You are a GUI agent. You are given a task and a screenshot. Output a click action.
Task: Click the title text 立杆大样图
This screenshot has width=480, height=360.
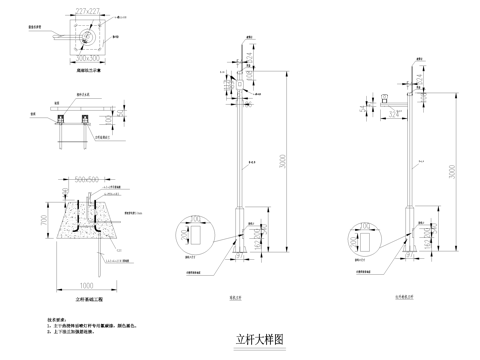[x=260, y=339]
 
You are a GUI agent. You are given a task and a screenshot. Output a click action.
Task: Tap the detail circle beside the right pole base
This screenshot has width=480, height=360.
[x=358, y=238]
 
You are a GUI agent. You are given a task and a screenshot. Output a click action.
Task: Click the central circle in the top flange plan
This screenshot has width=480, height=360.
[x=89, y=38]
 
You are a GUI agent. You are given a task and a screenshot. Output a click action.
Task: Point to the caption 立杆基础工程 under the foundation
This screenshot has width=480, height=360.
[x=89, y=299]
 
